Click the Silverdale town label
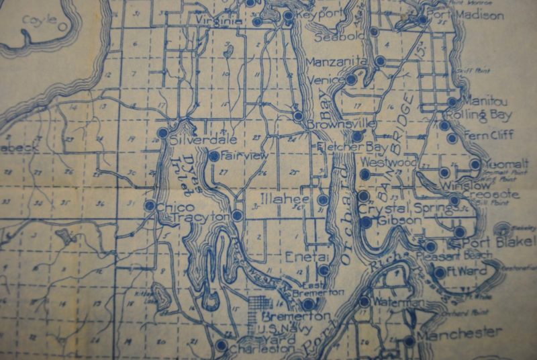(x=195, y=141)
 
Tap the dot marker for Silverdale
(x=162, y=134)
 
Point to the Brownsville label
(x=339, y=125)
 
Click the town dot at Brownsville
(x=298, y=116)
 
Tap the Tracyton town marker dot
(x=237, y=216)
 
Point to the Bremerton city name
(x=295, y=316)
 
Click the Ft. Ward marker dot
(x=440, y=273)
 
